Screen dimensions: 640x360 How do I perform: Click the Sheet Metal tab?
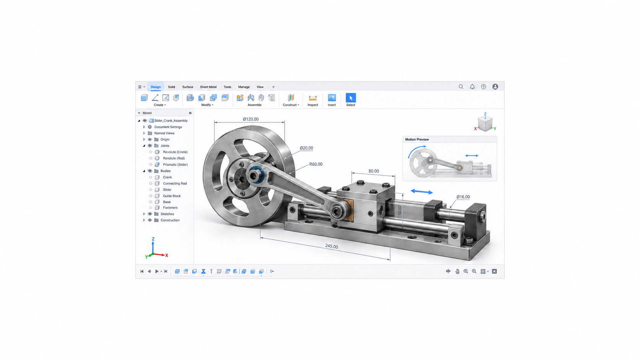click(208, 87)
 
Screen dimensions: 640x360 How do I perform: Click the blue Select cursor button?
click(351, 98)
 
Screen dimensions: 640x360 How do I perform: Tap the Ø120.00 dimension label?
click(251, 119)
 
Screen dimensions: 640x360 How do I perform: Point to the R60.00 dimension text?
click(316, 164)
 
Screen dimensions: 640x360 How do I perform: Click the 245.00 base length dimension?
click(331, 246)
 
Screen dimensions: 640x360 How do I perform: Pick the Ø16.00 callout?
click(463, 197)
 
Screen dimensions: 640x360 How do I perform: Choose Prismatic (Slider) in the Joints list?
click(175, 165)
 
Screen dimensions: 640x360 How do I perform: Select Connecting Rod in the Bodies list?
click(175, 183)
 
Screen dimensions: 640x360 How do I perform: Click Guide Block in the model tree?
click(172, 196)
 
